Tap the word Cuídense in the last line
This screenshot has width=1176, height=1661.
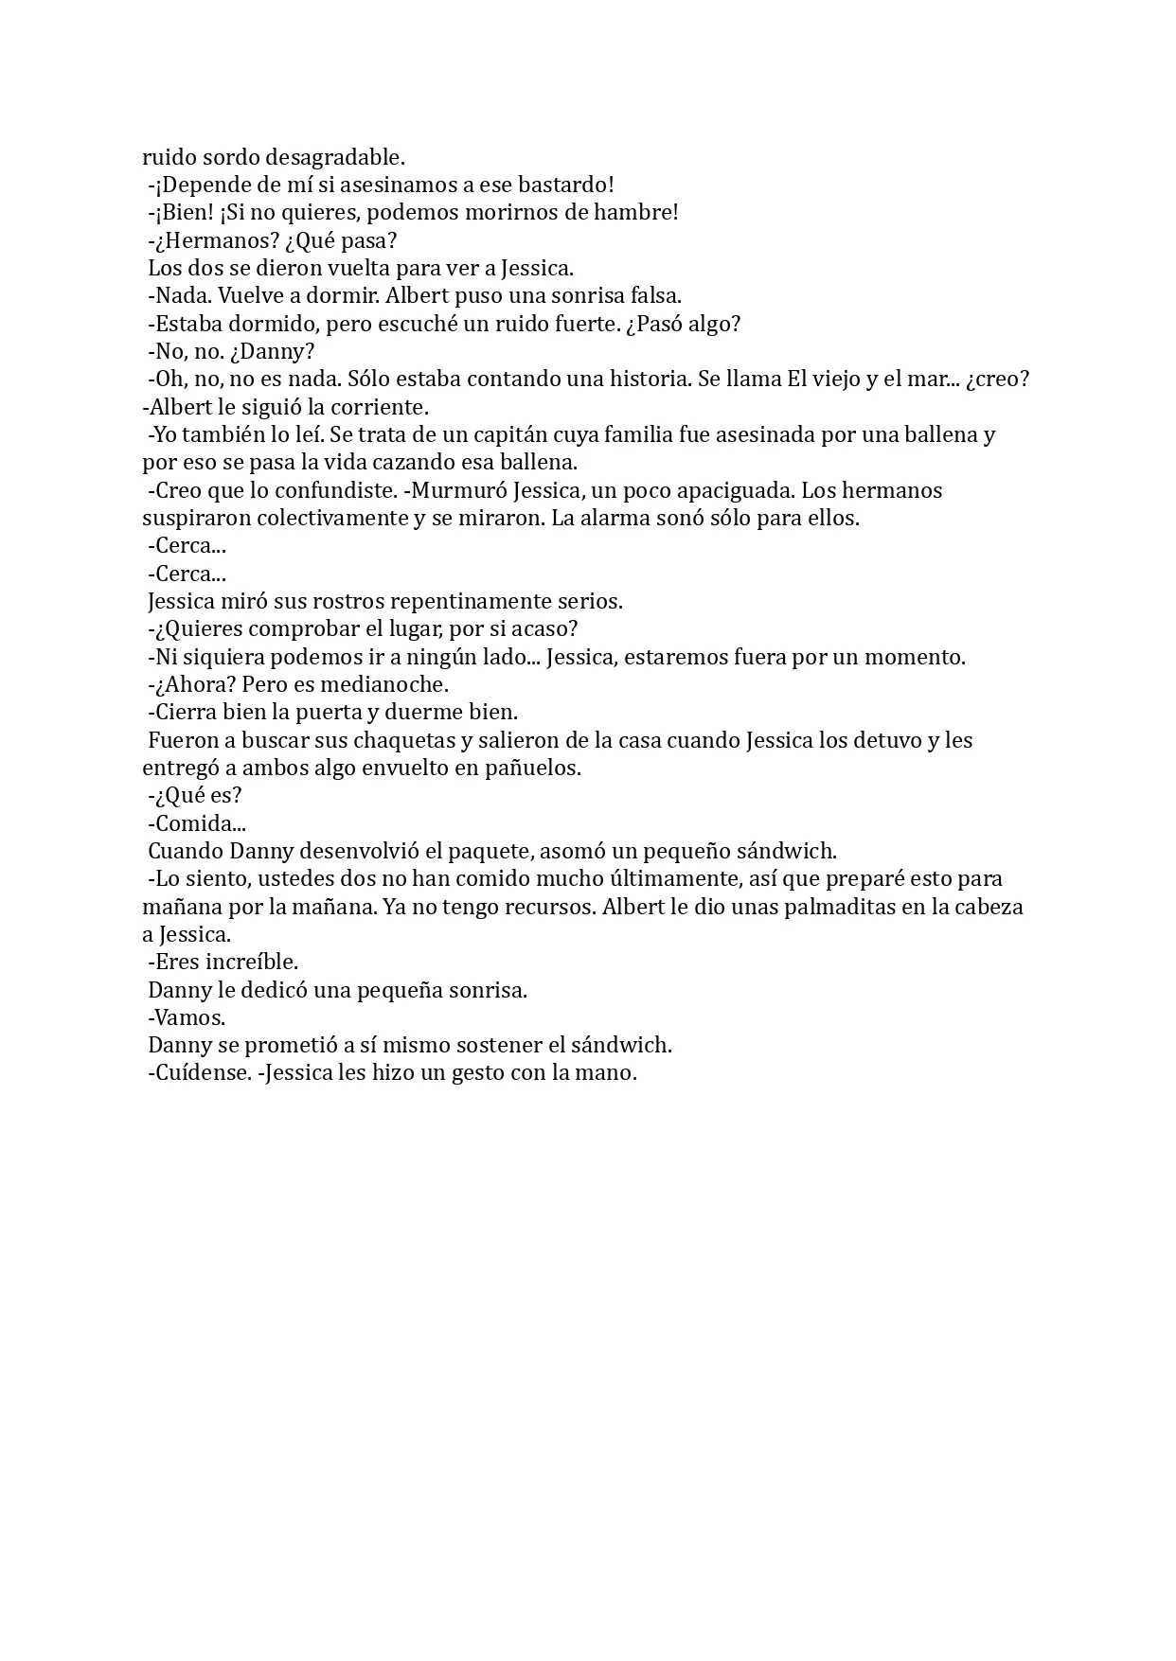198,1073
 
